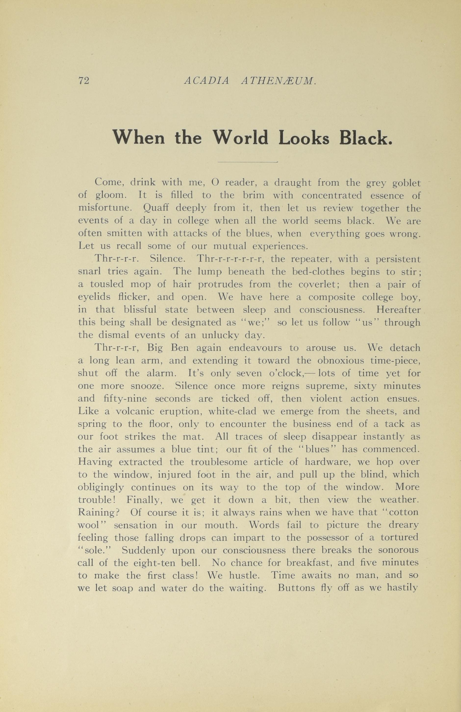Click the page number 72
click(x=83, y=80)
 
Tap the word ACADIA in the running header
click(x=206, y=80)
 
